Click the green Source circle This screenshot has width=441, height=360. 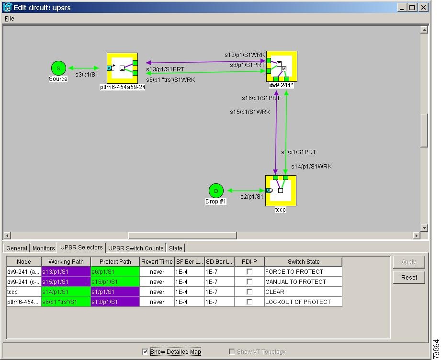58,68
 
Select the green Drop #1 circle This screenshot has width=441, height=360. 216,191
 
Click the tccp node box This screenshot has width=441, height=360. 281,191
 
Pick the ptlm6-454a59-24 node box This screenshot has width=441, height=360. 123,68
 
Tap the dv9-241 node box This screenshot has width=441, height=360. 282,67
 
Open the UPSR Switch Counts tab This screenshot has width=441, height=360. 136,248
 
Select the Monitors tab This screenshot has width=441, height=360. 44,248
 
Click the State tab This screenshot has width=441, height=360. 176,248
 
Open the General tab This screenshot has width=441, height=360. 17,248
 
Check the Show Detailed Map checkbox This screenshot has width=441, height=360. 145,351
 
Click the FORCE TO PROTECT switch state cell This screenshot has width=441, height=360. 303,272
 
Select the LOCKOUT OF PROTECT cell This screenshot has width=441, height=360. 303,302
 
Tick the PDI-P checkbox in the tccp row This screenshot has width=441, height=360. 249,292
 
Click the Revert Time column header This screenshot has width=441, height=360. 157,261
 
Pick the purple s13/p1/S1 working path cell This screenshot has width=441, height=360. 66,272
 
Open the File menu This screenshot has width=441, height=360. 9,19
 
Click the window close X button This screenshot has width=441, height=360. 423,8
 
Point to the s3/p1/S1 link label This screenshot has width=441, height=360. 87,75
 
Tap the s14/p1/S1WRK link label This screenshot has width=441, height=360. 311,167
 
